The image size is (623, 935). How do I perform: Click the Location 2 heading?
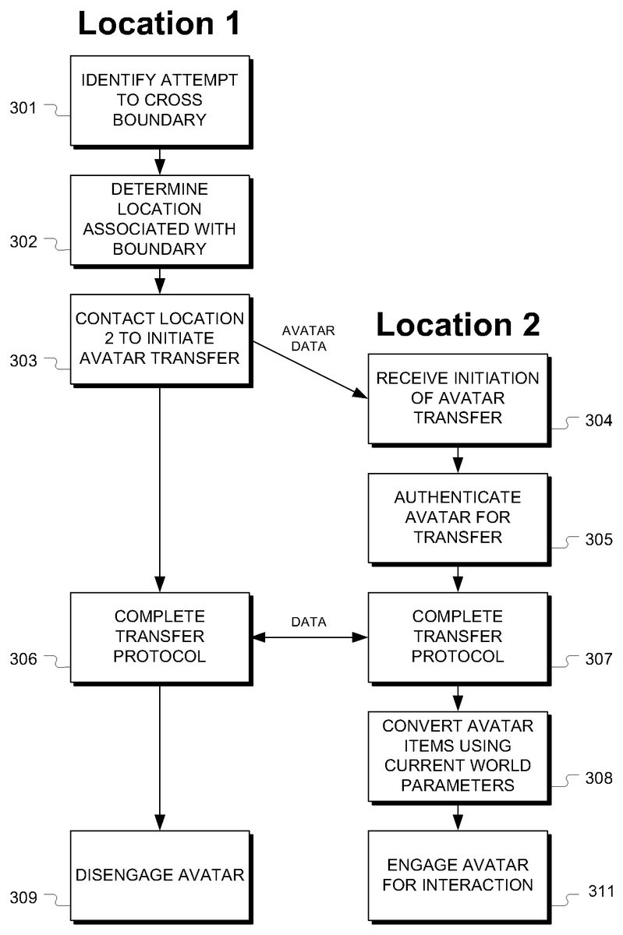pos(458,325)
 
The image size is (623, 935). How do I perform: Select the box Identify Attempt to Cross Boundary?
pos(159,100)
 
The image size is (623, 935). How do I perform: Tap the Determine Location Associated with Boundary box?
pos(159,220)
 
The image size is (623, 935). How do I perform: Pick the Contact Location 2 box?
pos(159,337)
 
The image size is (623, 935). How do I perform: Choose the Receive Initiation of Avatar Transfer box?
pos(458,397)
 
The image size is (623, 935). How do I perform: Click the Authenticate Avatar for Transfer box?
pos(458,517)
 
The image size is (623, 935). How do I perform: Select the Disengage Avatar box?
pos(159,875)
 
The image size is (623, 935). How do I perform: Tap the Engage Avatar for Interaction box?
pos(458,875)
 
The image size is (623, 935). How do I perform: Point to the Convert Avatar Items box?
pos(458,755)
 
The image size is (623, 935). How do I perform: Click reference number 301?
pos(23,108)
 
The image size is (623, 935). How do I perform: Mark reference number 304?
pos(598,422)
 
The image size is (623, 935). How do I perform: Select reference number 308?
pos(598,778)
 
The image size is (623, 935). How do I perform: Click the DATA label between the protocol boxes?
pos(308,622)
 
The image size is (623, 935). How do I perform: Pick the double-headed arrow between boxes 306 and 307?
pos(308,637)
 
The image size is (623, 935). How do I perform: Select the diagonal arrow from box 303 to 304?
pos(308,369)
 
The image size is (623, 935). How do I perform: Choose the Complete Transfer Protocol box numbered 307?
pos(458,637)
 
